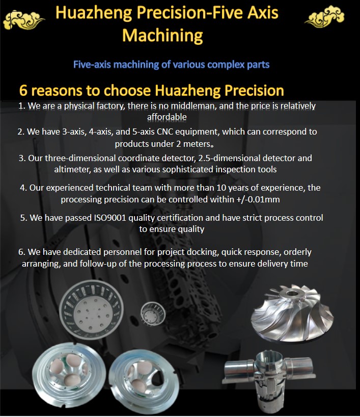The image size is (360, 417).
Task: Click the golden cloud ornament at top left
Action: [x=23, y=20]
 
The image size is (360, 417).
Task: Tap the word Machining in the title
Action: [x=162, y=35]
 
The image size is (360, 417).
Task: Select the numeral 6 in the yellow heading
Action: [x=23, y=90]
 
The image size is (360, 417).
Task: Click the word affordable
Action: [x=167, y=117]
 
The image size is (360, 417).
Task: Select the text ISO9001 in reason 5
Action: [x=110, y=218]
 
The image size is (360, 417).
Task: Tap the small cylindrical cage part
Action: [x=153, y=312]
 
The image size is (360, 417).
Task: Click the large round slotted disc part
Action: [x=91, y=310]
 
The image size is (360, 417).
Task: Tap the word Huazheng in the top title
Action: [x=94, y=13]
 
